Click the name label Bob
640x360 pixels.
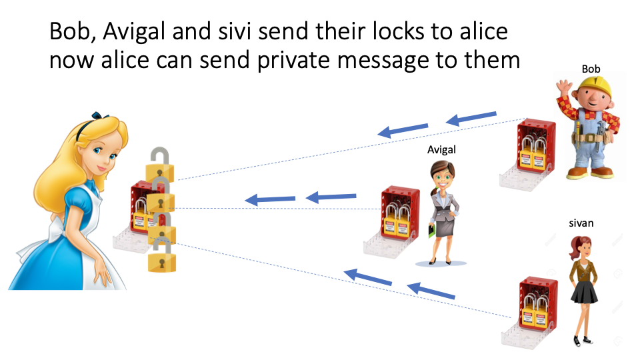pos(591,69)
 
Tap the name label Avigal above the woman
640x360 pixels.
pos(441,150)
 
